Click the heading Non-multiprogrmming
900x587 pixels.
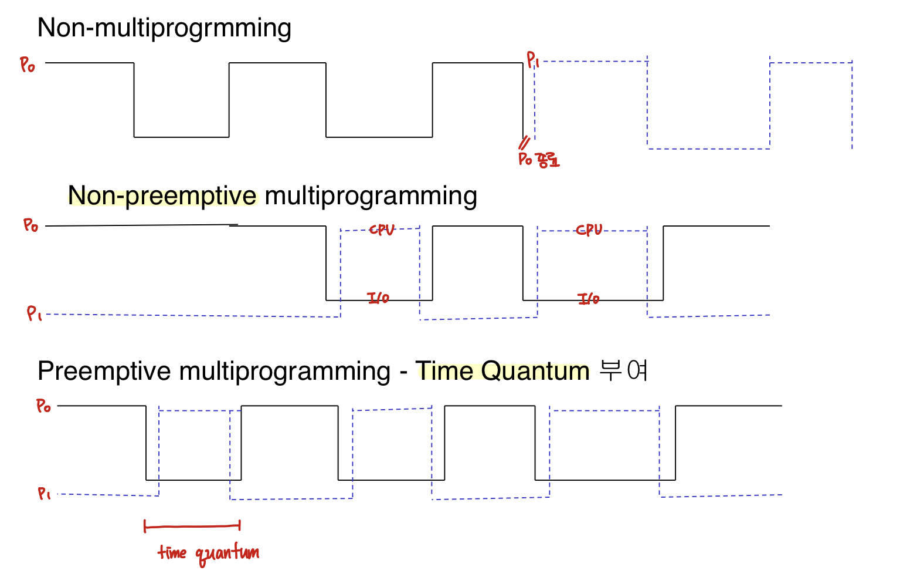click(x=164, y=28)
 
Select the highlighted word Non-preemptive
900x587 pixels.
click(x=162, y=195)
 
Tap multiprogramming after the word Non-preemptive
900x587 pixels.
click(x=371, y=195)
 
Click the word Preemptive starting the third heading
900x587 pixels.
click(x=104, y=371)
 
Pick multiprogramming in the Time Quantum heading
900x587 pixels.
click(x=285, y=371)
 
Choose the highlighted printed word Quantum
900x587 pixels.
click(x=535, y=371)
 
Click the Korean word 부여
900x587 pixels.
click(x=624, y=371)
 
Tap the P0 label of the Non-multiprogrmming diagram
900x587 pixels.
click(x=28, y=65)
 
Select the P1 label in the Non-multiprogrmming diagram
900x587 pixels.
click(x=532, y=59)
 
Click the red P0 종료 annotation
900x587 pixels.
click(x=539, y=160)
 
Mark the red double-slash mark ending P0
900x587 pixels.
click(x=524, y=143)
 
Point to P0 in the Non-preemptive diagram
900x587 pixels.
click(x=30, y=225)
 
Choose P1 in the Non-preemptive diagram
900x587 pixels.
click(x=34, y=313)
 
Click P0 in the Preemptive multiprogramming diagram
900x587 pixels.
click(x=43, y=406)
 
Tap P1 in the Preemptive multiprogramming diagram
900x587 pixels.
click(x=44, y=494)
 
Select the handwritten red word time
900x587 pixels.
click(x=172, y=552)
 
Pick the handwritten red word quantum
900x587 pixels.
click(x=226, y=554)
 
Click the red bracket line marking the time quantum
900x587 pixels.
click(x=192, y=527)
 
